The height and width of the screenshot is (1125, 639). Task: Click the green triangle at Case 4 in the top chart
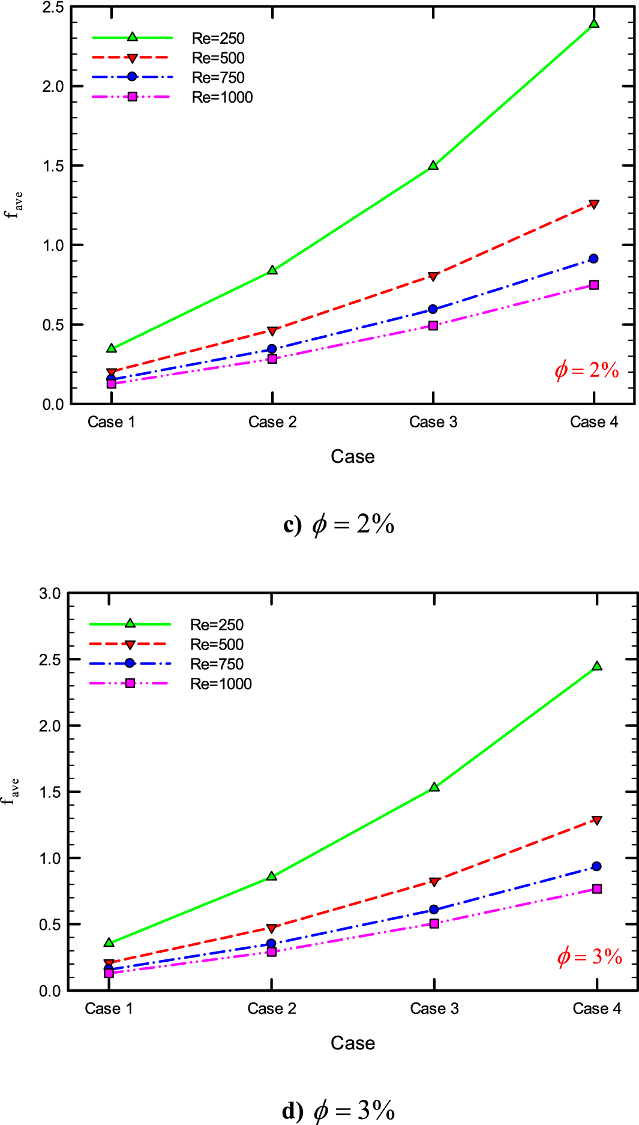click(x=594, y=24)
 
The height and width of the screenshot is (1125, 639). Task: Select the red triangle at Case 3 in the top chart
click(x=433, y=277)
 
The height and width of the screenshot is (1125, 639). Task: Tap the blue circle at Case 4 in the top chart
click(x=593, y=259)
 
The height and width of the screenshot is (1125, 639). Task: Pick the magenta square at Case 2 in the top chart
click(x=272, y=359)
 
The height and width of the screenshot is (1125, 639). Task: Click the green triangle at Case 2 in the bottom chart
click(x=272, y=876)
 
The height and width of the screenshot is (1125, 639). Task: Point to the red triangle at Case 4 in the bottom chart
click(x=596, y=820)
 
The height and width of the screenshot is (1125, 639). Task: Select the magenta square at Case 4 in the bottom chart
click(x=597, y=888)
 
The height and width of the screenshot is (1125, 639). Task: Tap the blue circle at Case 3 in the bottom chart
click(x=434, y=909)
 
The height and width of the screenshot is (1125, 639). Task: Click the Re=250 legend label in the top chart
click(x=218, y=38)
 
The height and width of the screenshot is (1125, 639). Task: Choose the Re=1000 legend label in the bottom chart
click(x=221, y=684)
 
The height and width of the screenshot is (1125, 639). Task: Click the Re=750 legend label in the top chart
click(x=218, y=78)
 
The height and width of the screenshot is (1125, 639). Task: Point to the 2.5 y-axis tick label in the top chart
click(x=53, y=8)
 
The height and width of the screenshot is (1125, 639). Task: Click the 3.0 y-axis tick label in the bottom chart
click(x=50, y=594)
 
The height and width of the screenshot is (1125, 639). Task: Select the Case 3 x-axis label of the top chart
click(x=433, y=422)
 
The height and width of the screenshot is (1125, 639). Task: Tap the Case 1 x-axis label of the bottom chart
click(x=109, y=1009)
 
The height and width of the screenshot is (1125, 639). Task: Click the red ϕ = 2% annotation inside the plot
click(x=586, y=370)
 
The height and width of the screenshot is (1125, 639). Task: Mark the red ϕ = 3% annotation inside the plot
click(x=589, y=956)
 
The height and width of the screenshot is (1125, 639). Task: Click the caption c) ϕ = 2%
click(x=339, y=525)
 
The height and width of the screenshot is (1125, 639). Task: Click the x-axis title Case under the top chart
click(x=353, y=457)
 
